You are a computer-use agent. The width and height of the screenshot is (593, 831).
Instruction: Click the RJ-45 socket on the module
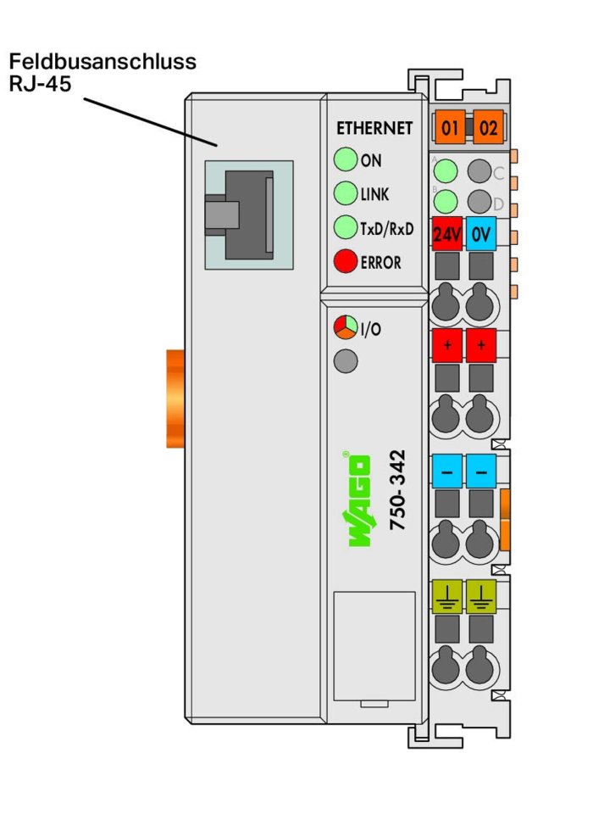(x=249, y=215)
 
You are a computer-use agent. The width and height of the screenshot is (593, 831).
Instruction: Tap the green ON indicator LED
(x=346, y=159)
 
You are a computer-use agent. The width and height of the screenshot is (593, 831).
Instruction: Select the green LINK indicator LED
(x=346, y=193)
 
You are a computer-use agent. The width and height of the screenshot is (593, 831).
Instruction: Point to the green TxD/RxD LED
(x=346, y=227)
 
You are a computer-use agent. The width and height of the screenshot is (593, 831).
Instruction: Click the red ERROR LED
(x=346, y=261)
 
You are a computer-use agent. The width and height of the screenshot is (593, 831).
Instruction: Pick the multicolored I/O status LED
(x=346, y=327)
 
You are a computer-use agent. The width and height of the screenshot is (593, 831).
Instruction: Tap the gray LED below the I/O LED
(x=346, y=361)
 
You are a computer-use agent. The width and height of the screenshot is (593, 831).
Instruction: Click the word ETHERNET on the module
(x=374, y=128)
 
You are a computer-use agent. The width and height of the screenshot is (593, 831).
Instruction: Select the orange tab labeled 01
(x=450, y=127)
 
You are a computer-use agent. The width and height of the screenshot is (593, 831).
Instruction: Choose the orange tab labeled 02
(x=488, y=127)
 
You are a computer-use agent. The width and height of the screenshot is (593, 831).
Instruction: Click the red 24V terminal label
(x=447, y=234)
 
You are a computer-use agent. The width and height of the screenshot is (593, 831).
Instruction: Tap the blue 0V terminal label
(x=481, y=234)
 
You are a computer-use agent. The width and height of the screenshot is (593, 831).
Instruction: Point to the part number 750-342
(x=397, y=490)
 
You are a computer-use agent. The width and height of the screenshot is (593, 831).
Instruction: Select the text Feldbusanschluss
(x=103, y=61)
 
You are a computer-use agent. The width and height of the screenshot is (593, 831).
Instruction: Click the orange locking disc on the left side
(x=175, y=399)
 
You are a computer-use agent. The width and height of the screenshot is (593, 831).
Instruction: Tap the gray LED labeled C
(x=479, y=171)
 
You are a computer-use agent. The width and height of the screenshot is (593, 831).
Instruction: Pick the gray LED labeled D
(x=479, y=202)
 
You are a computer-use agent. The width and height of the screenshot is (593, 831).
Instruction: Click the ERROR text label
(x=380, y=262)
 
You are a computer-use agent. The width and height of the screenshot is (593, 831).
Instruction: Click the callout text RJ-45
(x=41, y=84)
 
